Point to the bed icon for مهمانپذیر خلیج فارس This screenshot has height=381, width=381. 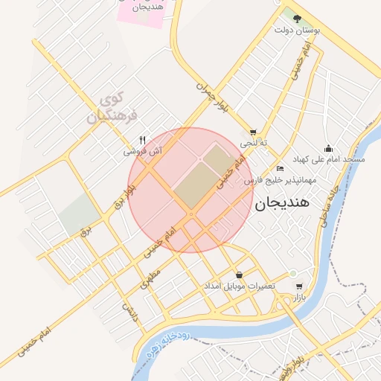pos(279,169)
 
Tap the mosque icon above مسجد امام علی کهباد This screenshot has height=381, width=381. pos(328,149)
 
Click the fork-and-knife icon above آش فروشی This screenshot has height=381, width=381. pos(143,139)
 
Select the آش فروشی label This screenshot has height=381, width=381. pos(143,151)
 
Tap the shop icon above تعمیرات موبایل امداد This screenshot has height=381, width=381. pos(238,275)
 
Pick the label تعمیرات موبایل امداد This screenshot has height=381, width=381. pos(241,286)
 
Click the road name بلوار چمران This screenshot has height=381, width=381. pos(212,97)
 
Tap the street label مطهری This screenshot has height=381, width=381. pos(148,281)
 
